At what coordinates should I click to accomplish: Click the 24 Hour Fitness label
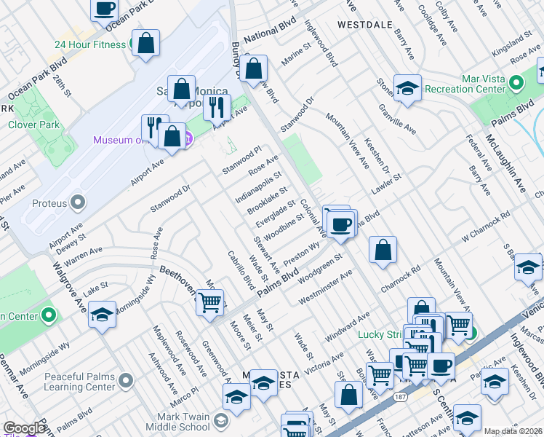click(x=89, y=44)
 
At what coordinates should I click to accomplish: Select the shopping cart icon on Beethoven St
click(x=210, y=302)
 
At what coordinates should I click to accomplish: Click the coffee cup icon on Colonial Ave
click(x=340, y=224)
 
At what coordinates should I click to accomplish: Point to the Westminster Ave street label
click(x=326, y=288)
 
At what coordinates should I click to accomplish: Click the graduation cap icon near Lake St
click(x=103, y=315)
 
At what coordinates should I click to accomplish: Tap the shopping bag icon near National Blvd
click(x=254, y=70)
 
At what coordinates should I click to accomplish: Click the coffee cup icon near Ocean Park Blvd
click(x=105, y=9)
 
